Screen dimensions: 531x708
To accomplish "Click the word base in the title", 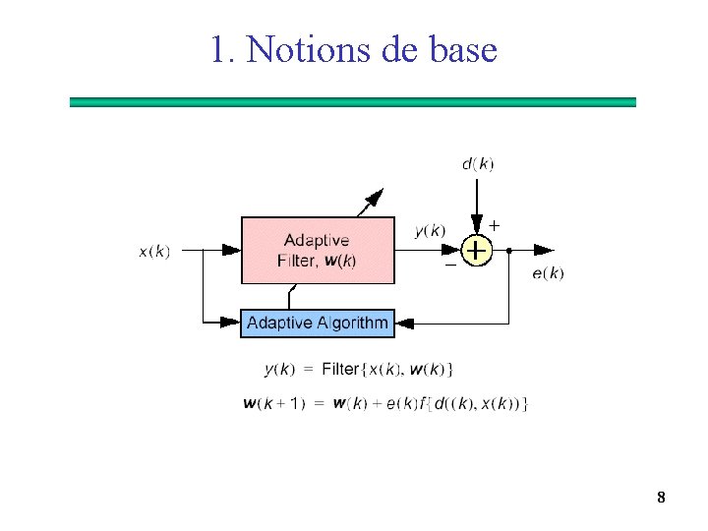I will tap(463, 48).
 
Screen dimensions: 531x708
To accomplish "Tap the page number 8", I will tap(661, 498).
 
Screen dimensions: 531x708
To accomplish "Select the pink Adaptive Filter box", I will tap(318, 251).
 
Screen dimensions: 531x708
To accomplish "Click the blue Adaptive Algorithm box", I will tap(317, 323).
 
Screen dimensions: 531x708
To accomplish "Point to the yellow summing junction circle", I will tap(476, 251).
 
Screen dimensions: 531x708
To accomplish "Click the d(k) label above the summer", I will tap(478, 163).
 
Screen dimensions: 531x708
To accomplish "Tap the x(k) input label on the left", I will tap(154, 251).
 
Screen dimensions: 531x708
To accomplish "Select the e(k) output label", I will tap(548, 273).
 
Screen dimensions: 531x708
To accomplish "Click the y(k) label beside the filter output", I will tap(430, 231).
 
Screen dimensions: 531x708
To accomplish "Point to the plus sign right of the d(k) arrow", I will tap(494, 225).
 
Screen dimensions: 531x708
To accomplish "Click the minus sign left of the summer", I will tap(449, 265).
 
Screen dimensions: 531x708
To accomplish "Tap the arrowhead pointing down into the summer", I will tap(477, 224).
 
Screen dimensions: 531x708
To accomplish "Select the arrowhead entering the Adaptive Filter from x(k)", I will tap(231, 251).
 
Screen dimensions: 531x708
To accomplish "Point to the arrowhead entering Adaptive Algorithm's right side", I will tap(405, 323).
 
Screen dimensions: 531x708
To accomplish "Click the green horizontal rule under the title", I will tap(353, 101).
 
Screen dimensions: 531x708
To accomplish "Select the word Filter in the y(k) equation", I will tap(340, 370).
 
